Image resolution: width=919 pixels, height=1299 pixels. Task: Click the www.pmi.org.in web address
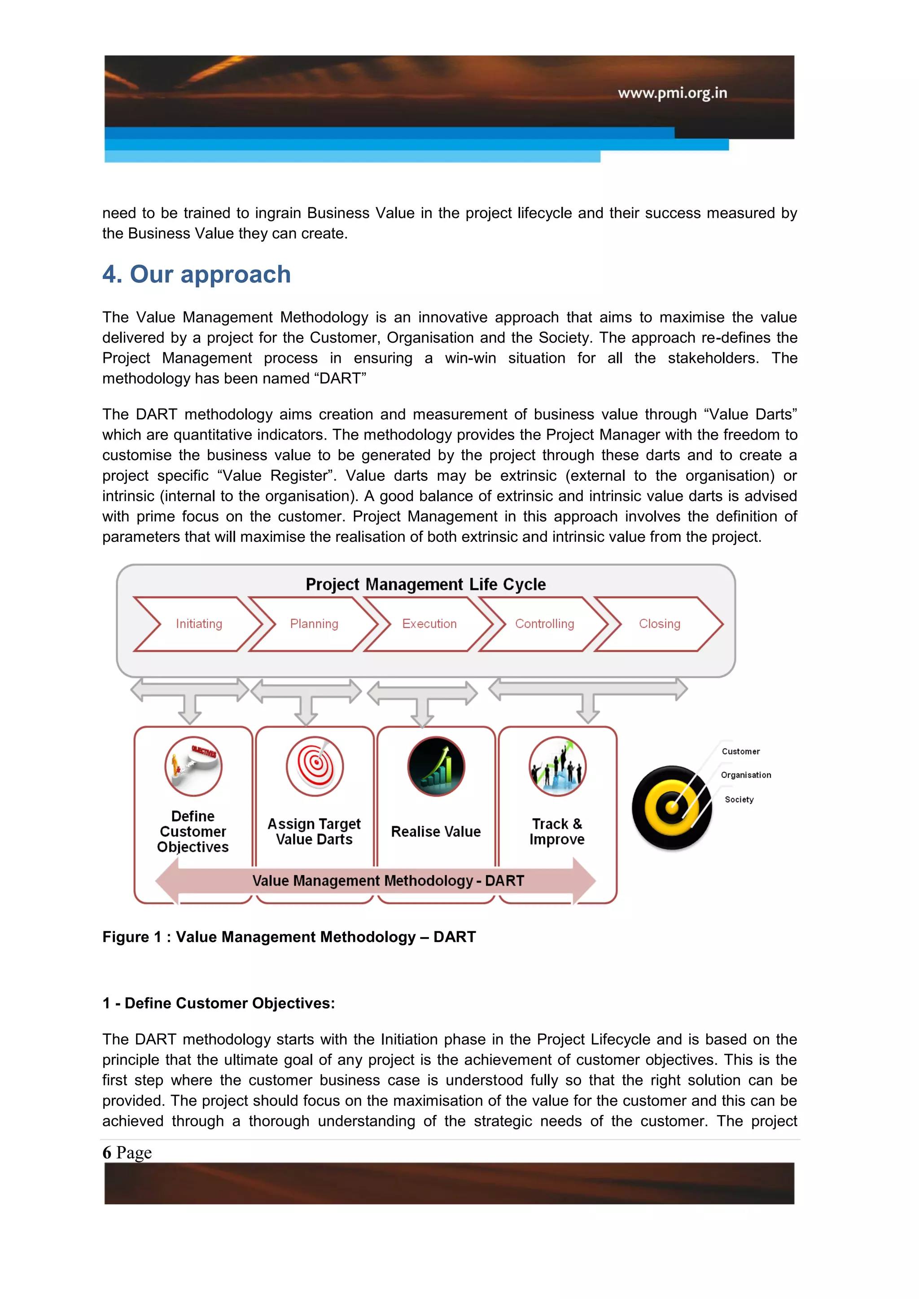672,93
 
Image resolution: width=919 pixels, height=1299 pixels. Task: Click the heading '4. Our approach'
197,275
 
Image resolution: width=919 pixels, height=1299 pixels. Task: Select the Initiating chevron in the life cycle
199,623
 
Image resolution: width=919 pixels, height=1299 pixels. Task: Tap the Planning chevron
314,623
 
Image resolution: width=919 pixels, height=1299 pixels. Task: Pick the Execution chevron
429,623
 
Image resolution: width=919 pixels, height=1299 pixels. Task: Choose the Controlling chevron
544,623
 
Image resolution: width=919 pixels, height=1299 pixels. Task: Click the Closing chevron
659,623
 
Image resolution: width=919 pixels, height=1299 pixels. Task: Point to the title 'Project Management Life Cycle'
425,584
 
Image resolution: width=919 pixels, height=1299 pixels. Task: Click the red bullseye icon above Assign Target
315,766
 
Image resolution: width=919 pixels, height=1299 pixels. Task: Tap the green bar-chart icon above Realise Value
436,766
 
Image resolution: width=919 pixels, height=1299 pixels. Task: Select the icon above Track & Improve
557,766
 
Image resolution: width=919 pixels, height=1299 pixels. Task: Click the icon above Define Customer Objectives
193,766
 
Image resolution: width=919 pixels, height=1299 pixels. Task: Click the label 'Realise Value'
436,831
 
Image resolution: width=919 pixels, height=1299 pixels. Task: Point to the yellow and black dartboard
672,807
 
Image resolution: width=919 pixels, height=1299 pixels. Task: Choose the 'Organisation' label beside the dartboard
745,775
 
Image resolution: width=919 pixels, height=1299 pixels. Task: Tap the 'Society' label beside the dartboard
739,799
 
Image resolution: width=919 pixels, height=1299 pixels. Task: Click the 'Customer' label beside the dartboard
740,751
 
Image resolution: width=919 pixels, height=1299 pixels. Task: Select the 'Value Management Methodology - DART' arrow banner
388,881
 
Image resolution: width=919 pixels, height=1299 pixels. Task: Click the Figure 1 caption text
289,937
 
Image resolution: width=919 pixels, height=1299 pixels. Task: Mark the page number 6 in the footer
107,1152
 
